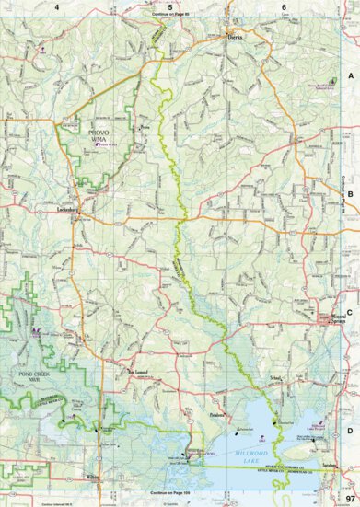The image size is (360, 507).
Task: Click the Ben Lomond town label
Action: (x=136, y=372)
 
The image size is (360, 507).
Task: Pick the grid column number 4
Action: (x=57, y=6)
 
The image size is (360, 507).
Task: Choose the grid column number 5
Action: (x=170, y=6)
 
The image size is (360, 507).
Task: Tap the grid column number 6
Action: (x=284, y=6)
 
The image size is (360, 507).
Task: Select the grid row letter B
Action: (x=351, y=193)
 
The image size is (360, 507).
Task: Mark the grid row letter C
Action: (x=351, y=311)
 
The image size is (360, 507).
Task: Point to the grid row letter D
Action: (x=351, y=428)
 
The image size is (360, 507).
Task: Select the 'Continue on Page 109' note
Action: (x=174, y=492)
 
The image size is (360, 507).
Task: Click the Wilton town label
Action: (x=92, y=476)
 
